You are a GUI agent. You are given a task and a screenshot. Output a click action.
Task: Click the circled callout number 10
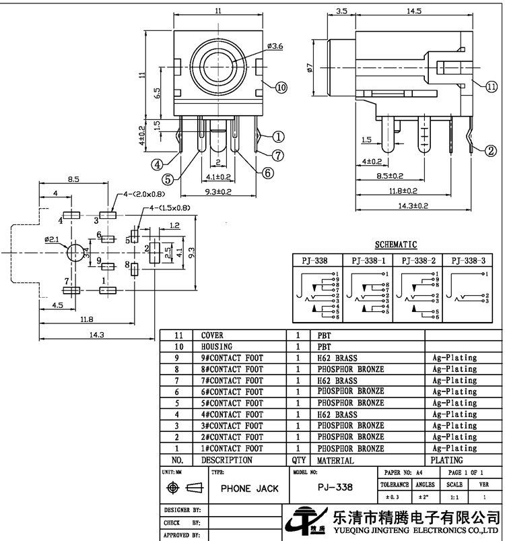coord(281,88)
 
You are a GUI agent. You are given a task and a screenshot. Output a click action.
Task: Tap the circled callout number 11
coord(492,86)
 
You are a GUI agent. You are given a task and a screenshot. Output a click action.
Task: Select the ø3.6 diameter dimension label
coord(275,46)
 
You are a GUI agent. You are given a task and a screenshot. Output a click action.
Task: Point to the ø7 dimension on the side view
coord(310,67)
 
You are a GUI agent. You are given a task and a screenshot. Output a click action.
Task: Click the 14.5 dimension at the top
coord(413,11)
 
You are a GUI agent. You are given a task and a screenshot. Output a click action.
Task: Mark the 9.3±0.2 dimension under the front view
coord(218,191)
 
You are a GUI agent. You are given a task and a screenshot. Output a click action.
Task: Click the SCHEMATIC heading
coord(396,245)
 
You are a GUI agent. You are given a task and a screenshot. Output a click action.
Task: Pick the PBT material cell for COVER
coord(324,336)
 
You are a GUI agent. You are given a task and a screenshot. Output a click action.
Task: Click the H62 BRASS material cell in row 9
coord(337,358)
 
